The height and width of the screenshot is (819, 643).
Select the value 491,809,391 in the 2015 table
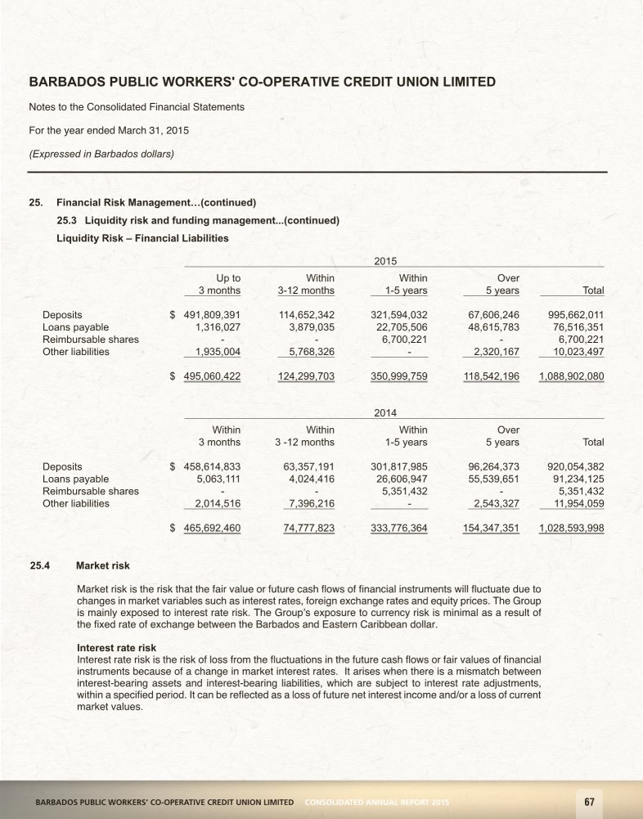pyautogui.click(x=212, y=313)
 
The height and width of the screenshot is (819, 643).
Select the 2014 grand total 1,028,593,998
pyautogui.click(x=571, y=529)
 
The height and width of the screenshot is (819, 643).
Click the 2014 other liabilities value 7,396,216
pyautogui.click(x=308, y=504)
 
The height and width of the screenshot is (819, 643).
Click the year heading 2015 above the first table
pyautogui.click(x=385, y=260)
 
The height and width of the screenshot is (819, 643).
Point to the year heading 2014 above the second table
pyautogui.click(x=385, y=413)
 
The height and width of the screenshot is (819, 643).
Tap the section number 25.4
pyautogui.click(x=41, y=565)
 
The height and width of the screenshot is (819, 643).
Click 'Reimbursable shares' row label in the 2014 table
pyautogui.click(x=90, y=492)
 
